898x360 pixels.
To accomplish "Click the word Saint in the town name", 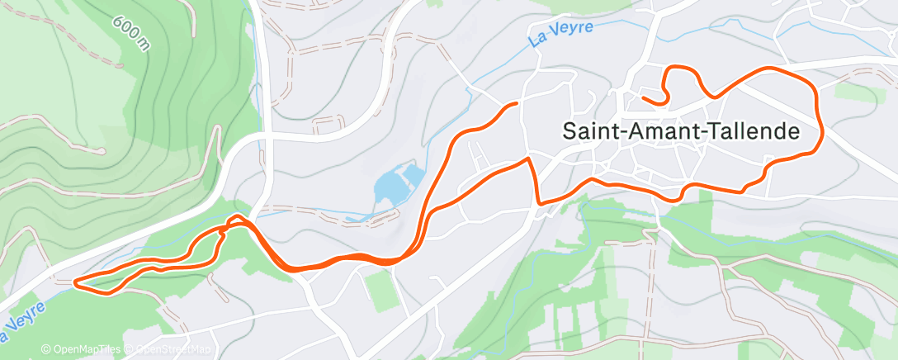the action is coord(588,131).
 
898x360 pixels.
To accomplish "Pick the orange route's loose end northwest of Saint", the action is coord(516,103).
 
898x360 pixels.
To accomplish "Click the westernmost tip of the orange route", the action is coord(75,283).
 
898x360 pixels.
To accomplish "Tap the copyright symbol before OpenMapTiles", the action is coord(46,350).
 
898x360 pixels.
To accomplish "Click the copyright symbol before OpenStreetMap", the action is coord(130,350).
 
